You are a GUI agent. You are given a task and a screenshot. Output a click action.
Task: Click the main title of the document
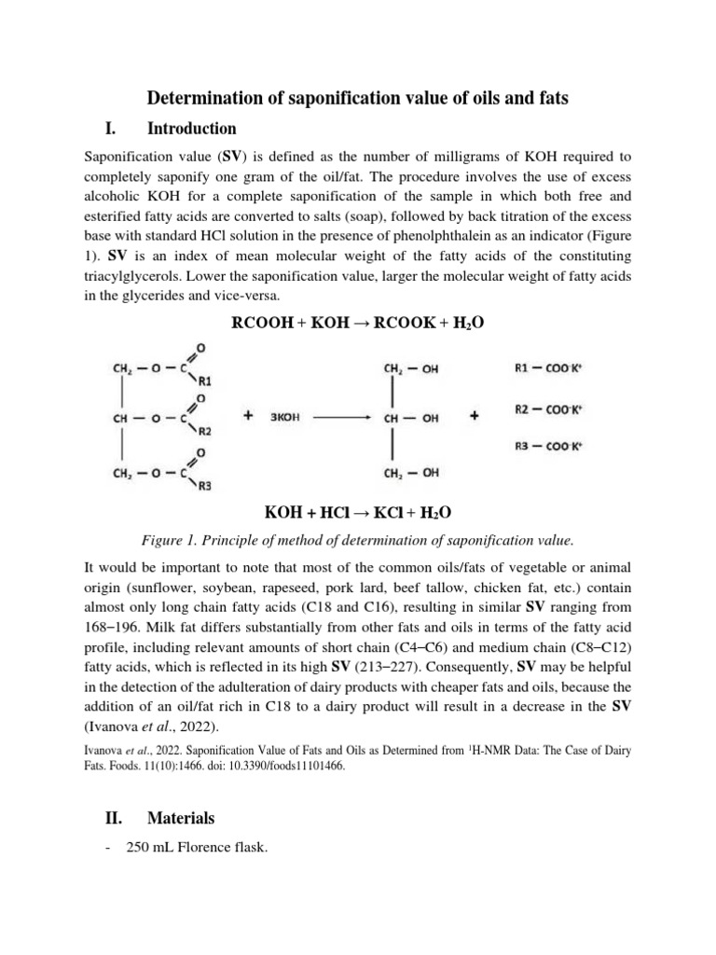point(358,97)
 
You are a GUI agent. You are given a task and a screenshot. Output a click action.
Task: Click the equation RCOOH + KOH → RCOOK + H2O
point(357,323)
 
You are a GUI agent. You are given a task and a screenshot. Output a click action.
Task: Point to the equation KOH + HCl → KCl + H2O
point(357,514)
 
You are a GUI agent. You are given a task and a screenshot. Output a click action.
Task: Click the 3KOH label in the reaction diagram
point(285,419)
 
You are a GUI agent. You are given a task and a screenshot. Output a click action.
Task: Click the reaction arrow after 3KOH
point(343,419)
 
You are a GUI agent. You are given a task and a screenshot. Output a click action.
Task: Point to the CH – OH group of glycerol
point(411,419)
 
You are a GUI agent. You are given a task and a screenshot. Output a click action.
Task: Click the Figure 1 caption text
point(357,540)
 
